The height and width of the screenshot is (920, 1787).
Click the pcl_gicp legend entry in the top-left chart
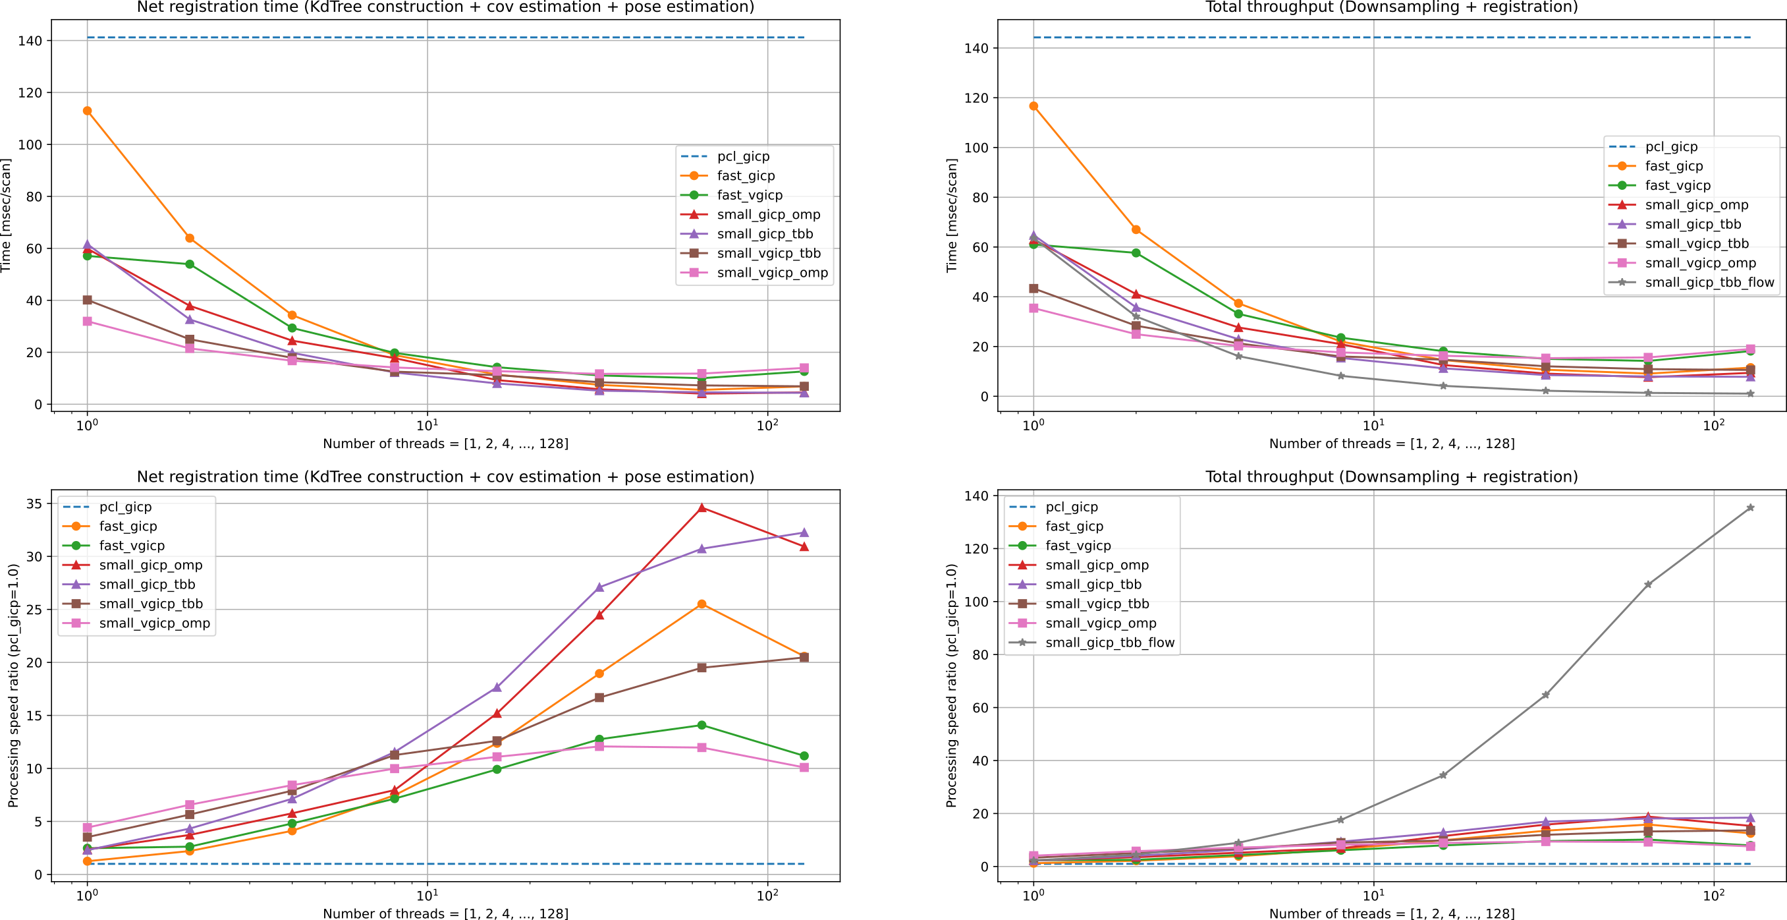[x=742, y=157]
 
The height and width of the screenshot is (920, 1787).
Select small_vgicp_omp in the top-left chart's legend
[x=771, y=273]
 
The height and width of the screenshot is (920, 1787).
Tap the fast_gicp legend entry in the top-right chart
[x=1673, y=166]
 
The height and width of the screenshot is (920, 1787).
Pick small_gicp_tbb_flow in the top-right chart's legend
[x=1709, y=282]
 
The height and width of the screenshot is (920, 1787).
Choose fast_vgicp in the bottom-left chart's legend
[x=132, y=545]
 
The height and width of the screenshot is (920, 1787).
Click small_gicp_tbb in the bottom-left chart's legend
[x=147, y=584]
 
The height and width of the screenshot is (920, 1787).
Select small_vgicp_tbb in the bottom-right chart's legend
[x=1097, y=604]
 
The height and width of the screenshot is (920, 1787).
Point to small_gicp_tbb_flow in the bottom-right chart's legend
[x=1109, y=643]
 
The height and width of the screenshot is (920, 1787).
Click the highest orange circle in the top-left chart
[x=88, y=111]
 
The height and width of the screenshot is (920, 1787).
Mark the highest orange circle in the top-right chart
[x=1033, y=106]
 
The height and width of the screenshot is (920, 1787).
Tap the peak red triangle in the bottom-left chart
[x=702, y=508]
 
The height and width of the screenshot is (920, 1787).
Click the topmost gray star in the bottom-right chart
[x=1750, y=508]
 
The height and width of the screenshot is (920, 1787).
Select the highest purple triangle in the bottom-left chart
[x=804, y=533]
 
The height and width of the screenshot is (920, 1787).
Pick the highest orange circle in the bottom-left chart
[x=702, y=604]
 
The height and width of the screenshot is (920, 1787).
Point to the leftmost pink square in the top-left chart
[x=88, y=321]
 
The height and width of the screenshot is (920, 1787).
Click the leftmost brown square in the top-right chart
[x=1033, y=289]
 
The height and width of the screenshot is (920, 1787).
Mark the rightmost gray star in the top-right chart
[x=1750, y=394]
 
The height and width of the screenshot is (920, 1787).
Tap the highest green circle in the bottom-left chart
[x=702, y=725]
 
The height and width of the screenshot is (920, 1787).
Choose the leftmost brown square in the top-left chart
[x=88, y=301]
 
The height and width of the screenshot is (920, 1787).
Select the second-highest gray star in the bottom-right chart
[x=1648, y=585]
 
